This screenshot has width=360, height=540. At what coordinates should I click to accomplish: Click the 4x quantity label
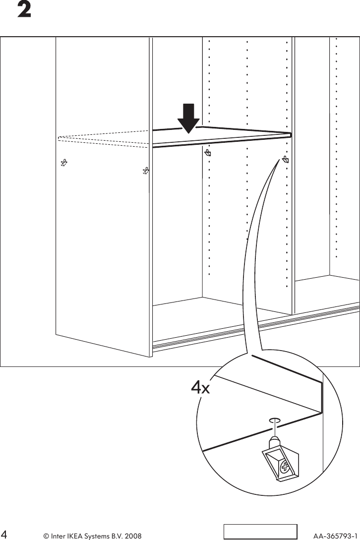coord(201,388)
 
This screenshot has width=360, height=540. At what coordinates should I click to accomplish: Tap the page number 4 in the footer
coord(5,536)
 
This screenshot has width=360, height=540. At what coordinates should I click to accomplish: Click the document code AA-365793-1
coord(336,536)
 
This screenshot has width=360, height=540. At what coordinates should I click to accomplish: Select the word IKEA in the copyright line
coord(76,536)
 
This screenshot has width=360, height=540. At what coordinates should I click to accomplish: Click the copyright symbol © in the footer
coord(46,536)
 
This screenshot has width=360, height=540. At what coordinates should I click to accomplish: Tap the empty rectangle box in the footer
coord(260,531)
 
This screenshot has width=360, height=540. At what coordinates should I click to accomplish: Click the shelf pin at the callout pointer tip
coord(286,159)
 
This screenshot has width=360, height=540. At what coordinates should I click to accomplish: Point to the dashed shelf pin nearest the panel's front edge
coord(145,172)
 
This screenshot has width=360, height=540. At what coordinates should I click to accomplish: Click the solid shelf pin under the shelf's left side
coord(208,153)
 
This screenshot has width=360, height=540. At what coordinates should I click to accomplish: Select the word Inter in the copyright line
coord(59,536)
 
